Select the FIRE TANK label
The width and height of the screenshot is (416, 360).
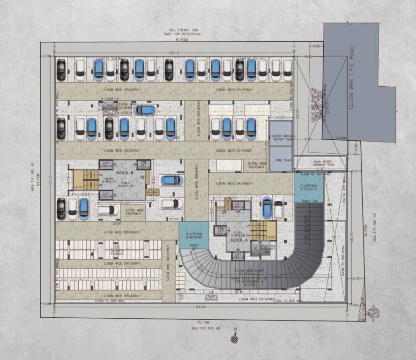pyautogui.click(x=281, y=160)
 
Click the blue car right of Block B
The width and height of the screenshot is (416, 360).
pyautogui.click(x=171, y=180)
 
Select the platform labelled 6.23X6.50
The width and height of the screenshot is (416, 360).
pyautogui.click(x=308, y=188)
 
